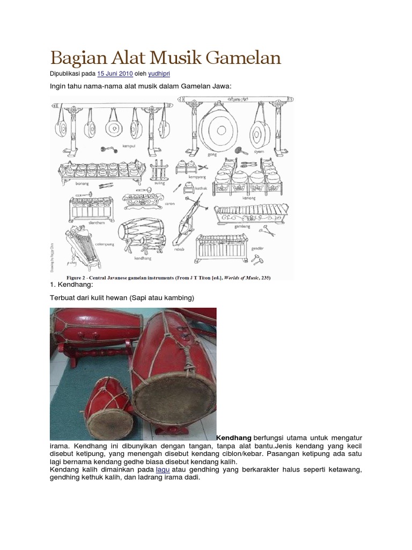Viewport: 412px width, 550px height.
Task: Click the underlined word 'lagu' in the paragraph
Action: tap(163, 469)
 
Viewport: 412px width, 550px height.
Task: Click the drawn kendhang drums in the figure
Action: tap(141, 231)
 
